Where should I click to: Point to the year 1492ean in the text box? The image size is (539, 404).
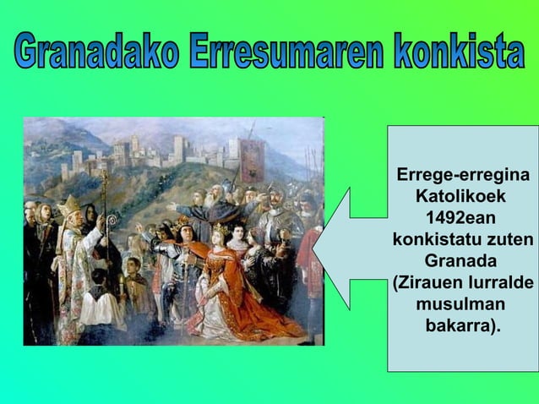(462, 216)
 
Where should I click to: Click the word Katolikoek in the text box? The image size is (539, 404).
(461, 196)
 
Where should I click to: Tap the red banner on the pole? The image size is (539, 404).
(252, 161)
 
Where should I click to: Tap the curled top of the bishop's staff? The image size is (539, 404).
(105, 177)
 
